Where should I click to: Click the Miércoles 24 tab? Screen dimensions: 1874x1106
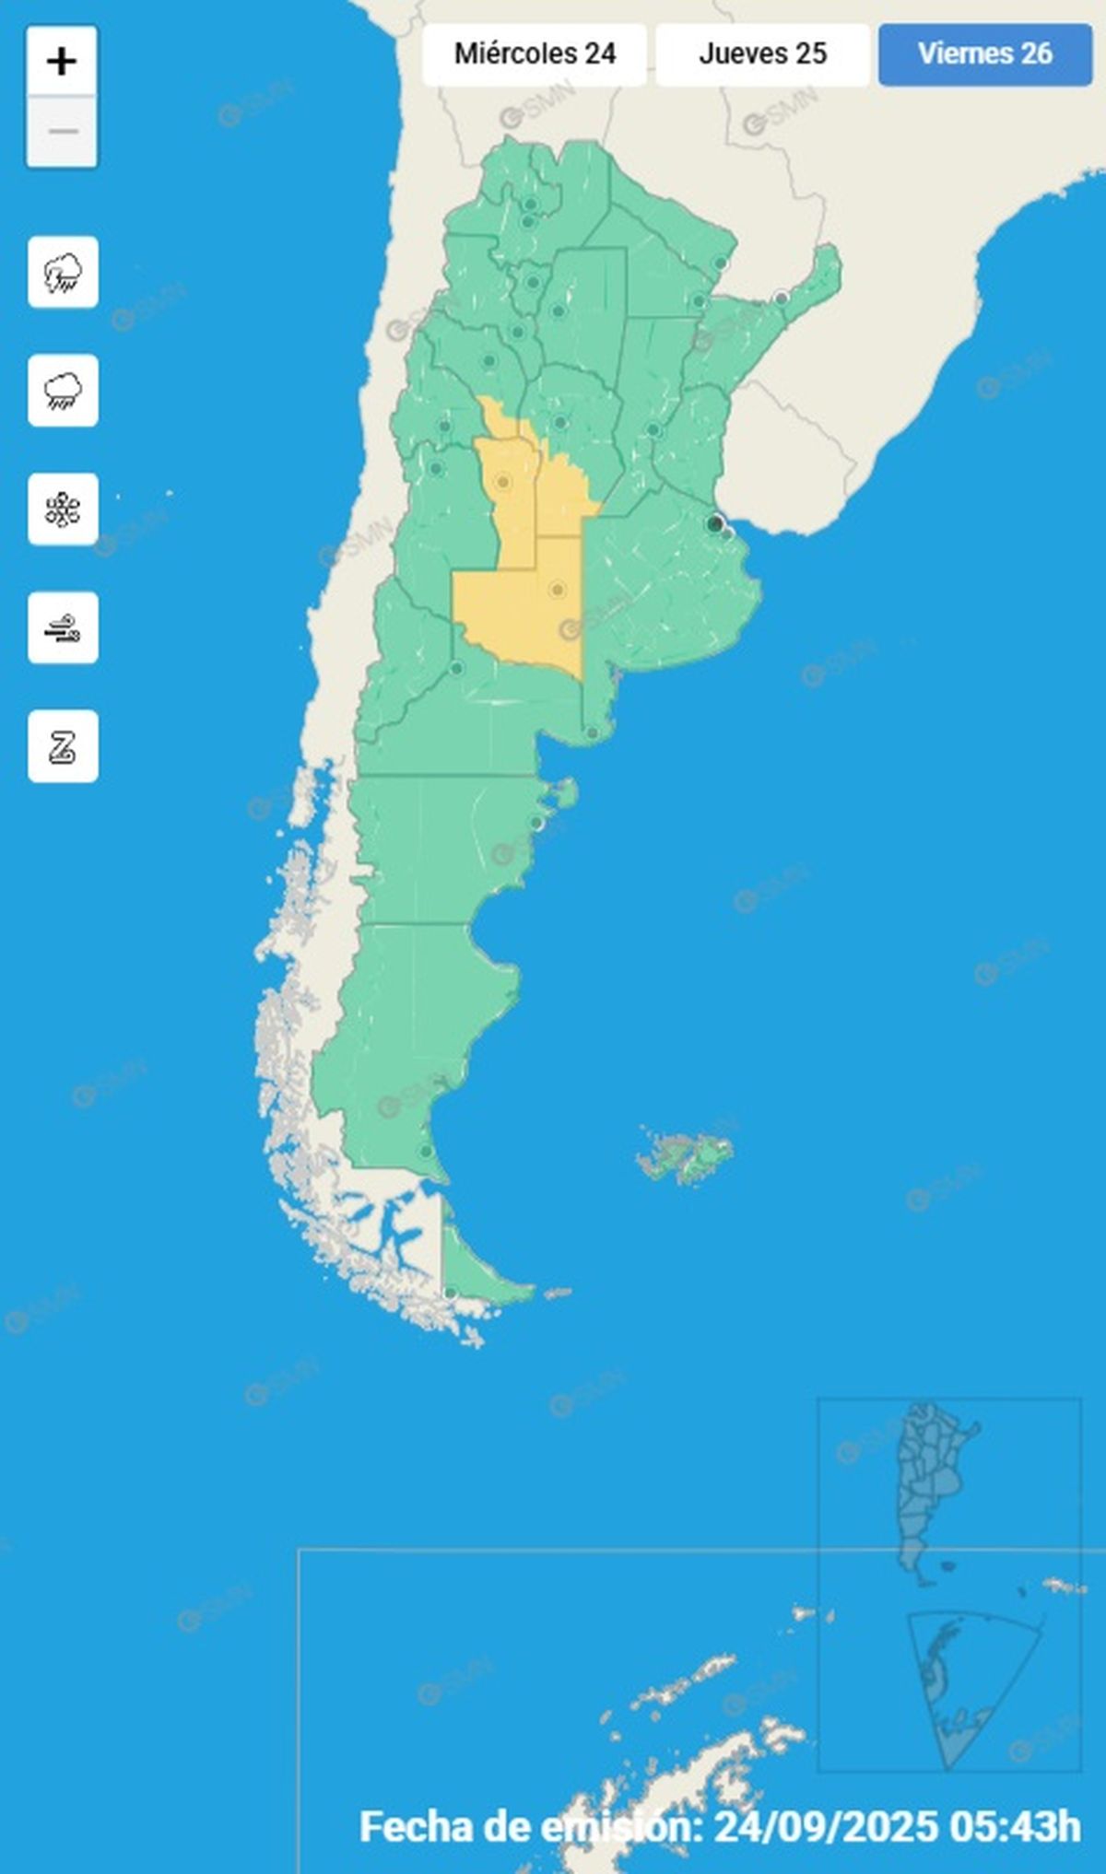(x=535, y=53)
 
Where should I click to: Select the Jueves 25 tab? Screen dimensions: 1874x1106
(x=762, y=53)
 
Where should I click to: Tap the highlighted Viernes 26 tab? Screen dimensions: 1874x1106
(x=984, y=53)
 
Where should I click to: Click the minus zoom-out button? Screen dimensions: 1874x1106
(x=62, y=132)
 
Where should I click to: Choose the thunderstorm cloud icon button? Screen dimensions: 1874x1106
(x=63, y=273)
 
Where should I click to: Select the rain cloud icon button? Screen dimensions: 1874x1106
(x=63, y=391)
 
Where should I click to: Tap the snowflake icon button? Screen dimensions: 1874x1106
(x=63, y=509)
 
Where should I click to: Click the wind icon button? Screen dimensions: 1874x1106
(x=63, y=628)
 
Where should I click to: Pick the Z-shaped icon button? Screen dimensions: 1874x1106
(x=63, y=746)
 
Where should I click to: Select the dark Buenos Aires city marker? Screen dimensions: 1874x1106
(x=713, y=523)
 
